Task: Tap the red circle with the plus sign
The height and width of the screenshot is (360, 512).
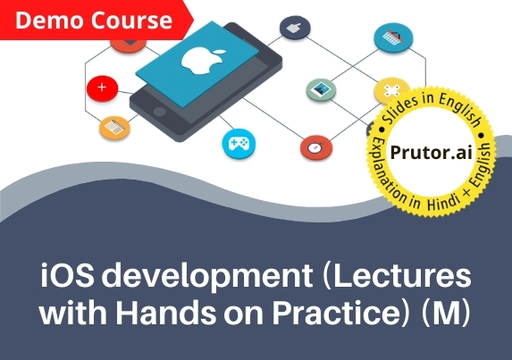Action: (x=102, y=88)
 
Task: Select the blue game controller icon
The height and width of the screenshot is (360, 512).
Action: (x=239, y=144)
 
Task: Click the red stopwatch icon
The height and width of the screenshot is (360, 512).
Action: (x=316, y=148)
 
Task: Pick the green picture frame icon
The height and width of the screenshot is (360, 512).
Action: (x=321, y=89)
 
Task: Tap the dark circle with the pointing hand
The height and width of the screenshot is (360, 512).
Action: (x=295, y=28)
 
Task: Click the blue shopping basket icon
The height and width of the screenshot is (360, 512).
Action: (x=393, y=38)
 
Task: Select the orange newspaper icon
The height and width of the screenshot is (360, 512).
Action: (x=114, y=128)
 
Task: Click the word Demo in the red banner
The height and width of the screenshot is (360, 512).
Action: (x=49, y=21)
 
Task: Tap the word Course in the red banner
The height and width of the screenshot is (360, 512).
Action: (x=131, y=21)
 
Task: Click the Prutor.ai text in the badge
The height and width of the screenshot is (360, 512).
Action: (x=431, y=153)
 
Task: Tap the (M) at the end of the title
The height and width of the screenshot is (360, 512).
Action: (x=446, y=313)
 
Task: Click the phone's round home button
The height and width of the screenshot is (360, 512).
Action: (x=159, y=112)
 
